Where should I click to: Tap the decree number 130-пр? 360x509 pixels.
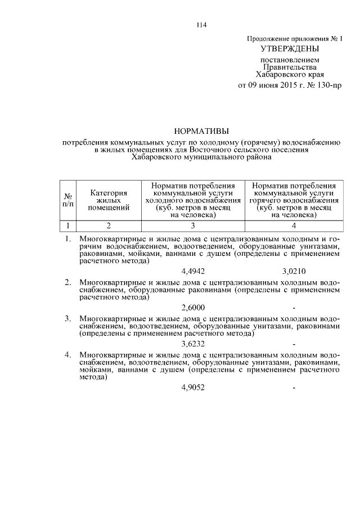[x=325, y=85]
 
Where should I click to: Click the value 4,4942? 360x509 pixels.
[x=193, y=271]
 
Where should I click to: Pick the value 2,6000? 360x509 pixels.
[x=193, y=307]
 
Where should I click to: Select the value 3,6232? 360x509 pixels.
[x=193, y=343]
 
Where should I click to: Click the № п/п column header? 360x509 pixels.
[x=68, y=200]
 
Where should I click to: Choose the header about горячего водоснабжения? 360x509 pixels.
[x=294, y=200]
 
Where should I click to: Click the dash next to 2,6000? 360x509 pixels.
[x=294, y=308]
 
